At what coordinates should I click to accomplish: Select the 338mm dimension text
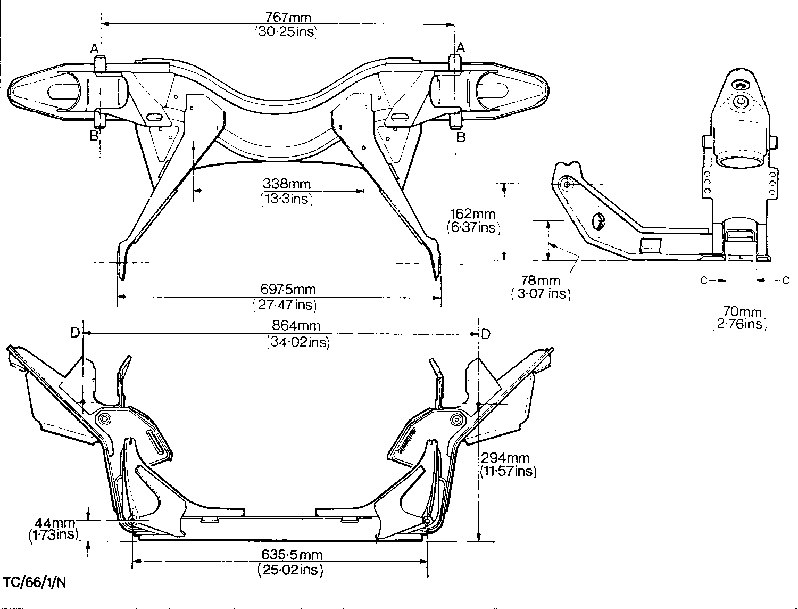click(x=287, y=185)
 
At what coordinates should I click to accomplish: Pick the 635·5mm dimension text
click(x=292, y=556)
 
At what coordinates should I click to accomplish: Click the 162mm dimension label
click(x=472, y=214)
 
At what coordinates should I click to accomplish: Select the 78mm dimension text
click(x=541, y=281)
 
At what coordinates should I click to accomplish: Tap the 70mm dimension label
click(x=742, y=312)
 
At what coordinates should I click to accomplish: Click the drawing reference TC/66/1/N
click(x=35, y=581)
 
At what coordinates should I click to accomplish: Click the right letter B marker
click(x=461, y=137)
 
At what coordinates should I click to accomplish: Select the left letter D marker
click(x=75, y=333)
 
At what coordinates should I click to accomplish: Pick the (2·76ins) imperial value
click(x=739, y=324)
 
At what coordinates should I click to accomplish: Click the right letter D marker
click(x=486, y=334)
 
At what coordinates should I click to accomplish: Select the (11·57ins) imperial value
click(x=508, y=471)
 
